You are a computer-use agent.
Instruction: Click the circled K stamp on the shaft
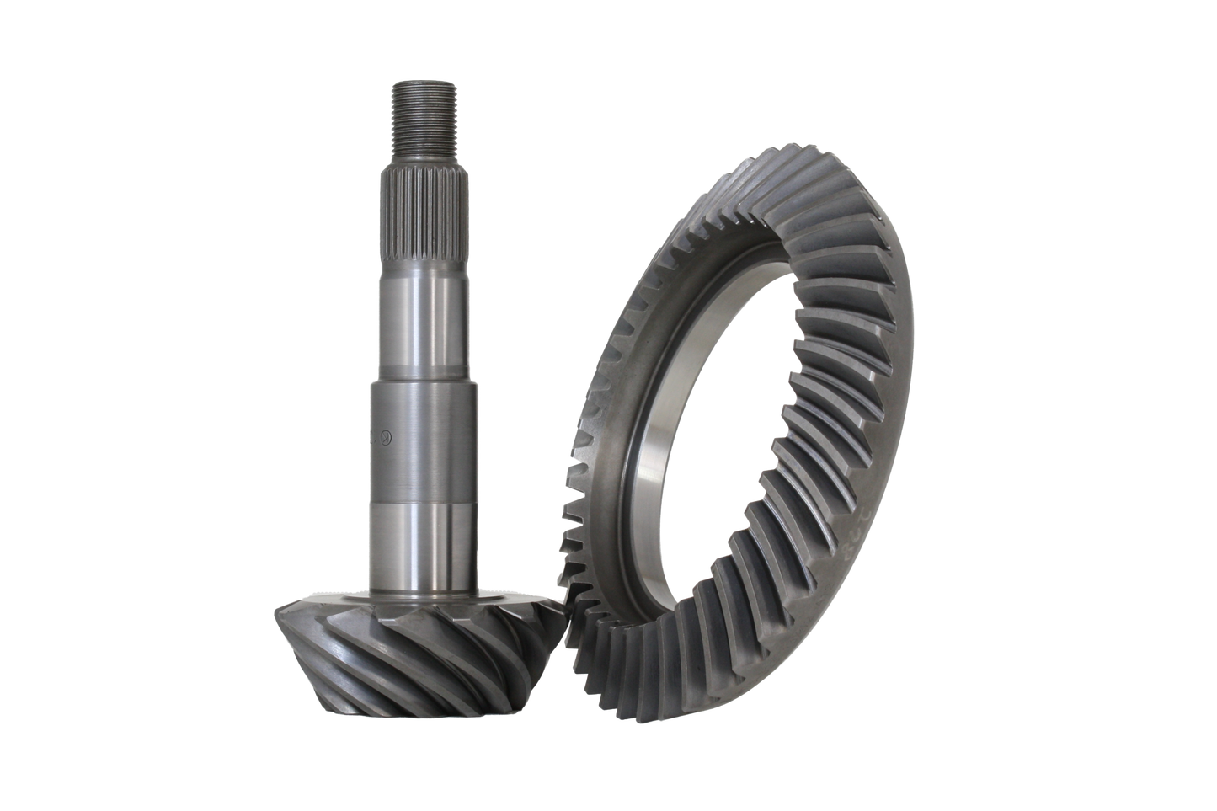(x=386, y=437)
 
